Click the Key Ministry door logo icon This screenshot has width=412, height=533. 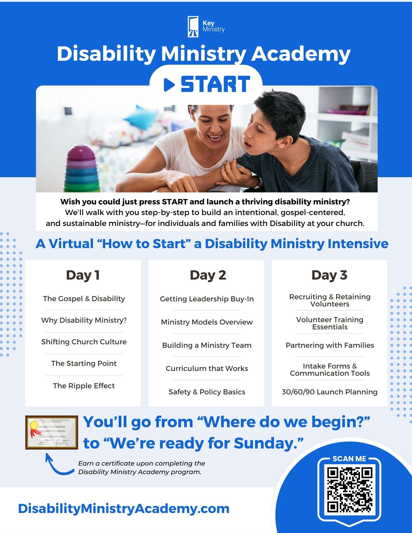pos(193,26)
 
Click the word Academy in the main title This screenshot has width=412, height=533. pos(301,54)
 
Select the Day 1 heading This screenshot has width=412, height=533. pos(83,275)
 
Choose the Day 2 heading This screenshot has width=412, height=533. pos(208,275)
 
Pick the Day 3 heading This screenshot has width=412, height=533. pos(329,275)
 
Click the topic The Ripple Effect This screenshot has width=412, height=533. pos(84,386)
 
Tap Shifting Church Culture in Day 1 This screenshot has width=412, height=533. pos(84,342)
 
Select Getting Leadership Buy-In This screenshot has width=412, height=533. pos(207,299)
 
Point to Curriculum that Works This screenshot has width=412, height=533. pos(207,368)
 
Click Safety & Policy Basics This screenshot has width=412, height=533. pos(207,392)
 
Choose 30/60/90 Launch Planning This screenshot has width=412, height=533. pos(330,392)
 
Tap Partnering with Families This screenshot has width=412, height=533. pos(330,345)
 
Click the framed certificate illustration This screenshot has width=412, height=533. pos(52,432)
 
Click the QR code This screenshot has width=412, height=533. pos(349,490)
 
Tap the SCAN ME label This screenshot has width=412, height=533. pos(349,459)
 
